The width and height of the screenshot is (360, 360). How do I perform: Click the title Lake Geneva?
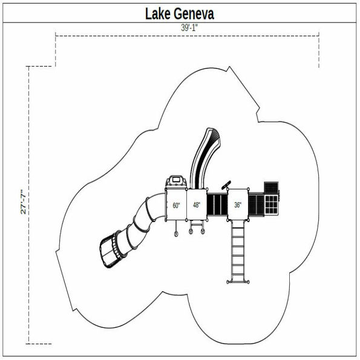coord(179,13)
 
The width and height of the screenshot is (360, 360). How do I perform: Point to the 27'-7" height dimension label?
coord(22,202)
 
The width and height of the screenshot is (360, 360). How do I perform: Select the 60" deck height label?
coord(176,205)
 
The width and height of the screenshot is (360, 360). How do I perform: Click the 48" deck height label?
coord(197,205)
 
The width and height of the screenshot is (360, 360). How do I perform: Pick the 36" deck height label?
coord(238,205)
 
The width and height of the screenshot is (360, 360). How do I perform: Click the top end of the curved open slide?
coord(214,133)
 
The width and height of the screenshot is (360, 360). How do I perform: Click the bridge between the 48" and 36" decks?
coord(217,205)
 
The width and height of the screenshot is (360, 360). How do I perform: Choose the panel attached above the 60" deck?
coord(176,181)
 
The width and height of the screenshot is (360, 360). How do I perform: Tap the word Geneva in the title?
coord(195,13)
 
